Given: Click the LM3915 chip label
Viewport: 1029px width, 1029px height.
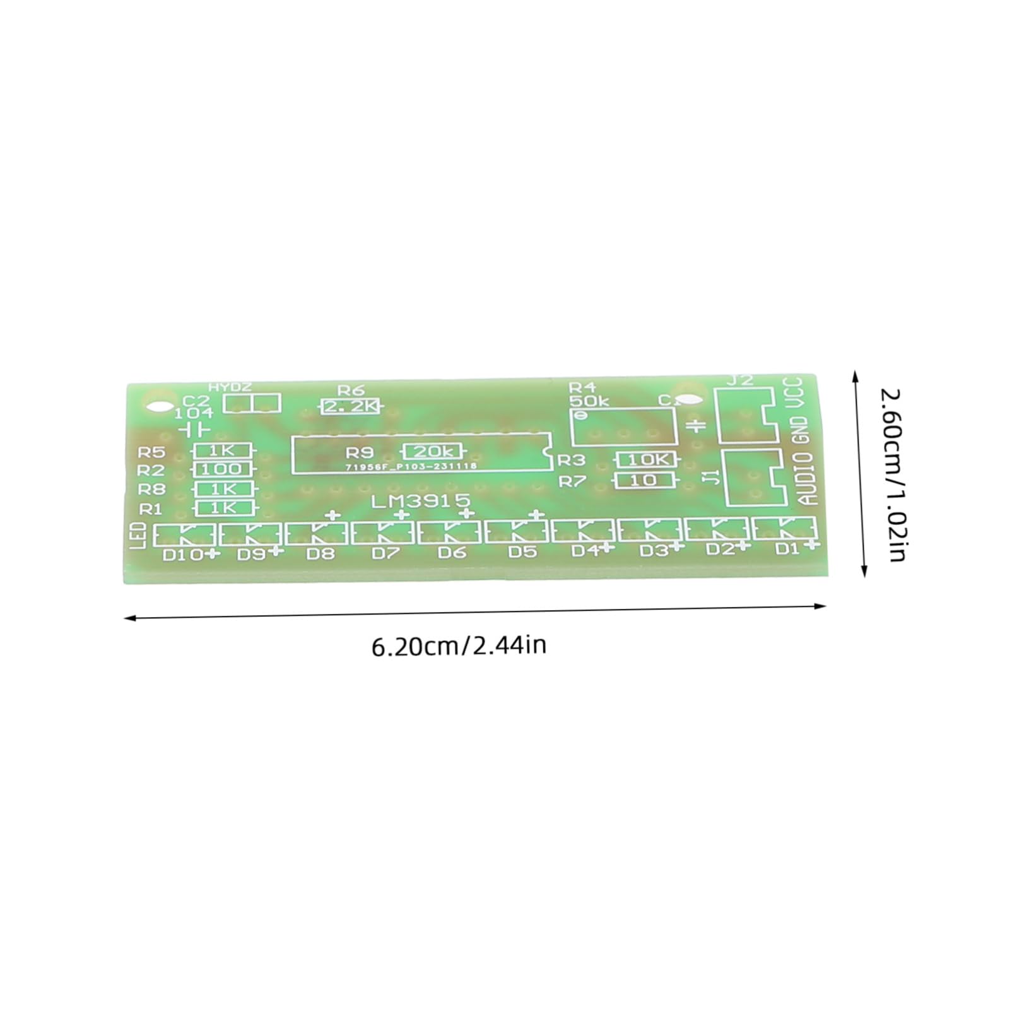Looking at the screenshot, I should pyautogui.click(x=421, y=502).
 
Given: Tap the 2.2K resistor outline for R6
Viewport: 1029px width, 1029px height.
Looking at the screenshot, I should pyautogui.click(x=351, y=407).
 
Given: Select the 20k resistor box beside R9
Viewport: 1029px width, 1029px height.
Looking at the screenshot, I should pyautogui.click(x=432, y=451).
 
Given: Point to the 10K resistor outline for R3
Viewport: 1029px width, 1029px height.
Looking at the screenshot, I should pyautogui.click(x=646, y=460).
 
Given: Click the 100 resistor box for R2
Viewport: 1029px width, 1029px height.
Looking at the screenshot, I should pyautogui.click(x=222, y=469).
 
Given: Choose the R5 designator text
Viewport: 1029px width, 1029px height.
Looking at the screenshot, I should pyautogui.click(x=151, y=452).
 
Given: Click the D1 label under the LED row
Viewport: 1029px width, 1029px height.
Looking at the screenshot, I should pyautogui.click(x=787, y=548).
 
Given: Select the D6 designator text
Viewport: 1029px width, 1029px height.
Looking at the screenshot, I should pyautogui.click(x=452, y=553).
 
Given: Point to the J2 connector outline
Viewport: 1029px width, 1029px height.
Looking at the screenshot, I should pyautogui.click(x=744, y=415).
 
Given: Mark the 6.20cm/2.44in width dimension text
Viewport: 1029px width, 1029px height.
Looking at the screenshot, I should pyautogui.click(x=459, y=646).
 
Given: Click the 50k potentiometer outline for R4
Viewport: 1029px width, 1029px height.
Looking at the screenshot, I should pyautogui.click(x=622, y=426).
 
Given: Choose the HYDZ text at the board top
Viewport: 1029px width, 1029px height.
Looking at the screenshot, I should pyautogui.click(x=230, y=387).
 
